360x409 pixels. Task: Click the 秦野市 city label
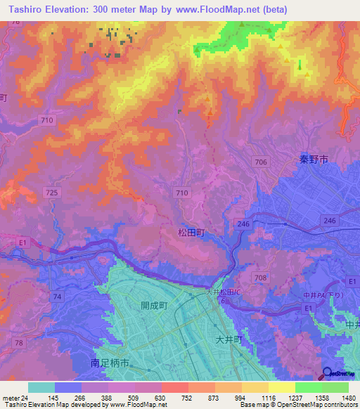[x=310, y=160]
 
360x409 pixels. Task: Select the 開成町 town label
[x=153, y=306]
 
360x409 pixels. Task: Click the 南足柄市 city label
[x=110, y=363]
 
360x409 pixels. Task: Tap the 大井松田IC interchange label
[x=224, y=292]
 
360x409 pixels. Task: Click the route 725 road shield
[x=51, y=192]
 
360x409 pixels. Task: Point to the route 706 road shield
[x=261, y=162]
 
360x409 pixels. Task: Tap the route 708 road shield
[x=261, y=278]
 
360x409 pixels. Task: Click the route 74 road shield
[x=56, y=297]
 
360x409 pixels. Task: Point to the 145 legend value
[x=53, y=398]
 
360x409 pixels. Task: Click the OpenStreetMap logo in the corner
[x=338, y=375]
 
